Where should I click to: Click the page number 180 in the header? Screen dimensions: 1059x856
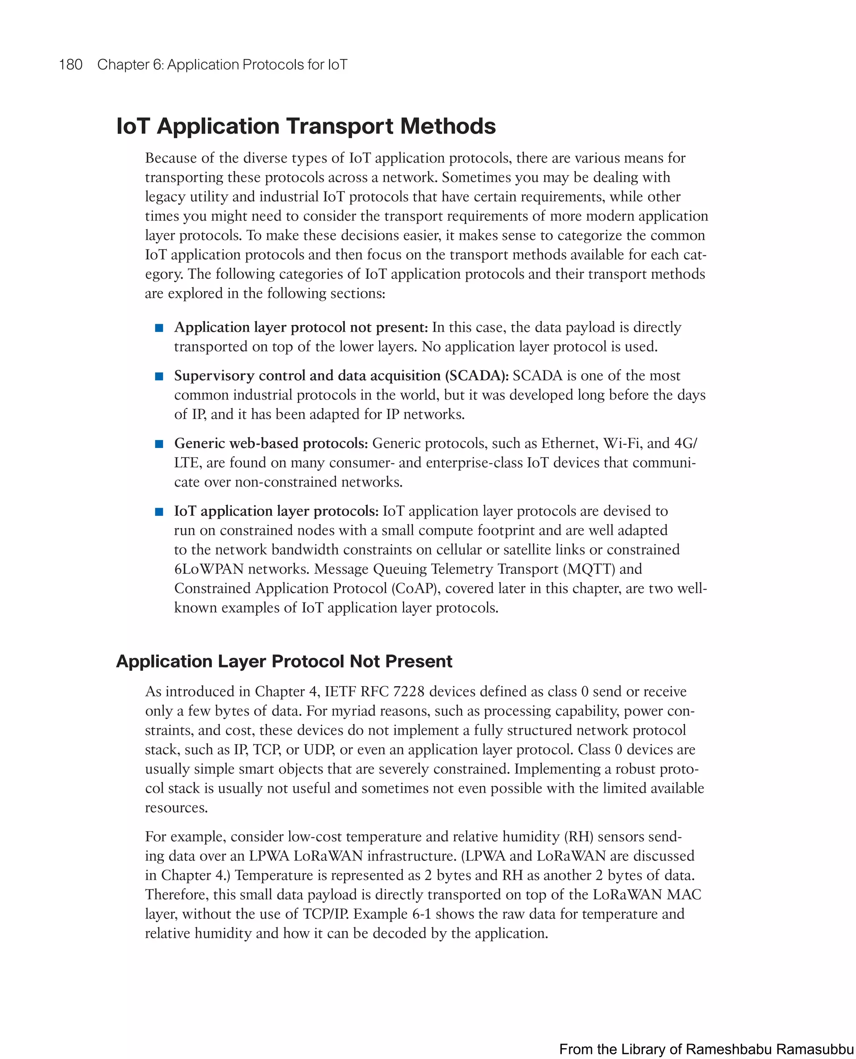[71, 65]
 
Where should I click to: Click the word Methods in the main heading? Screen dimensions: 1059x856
[448, 126]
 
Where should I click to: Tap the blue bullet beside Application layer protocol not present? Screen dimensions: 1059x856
[159, 328]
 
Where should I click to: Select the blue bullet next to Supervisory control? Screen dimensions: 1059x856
[159, 376]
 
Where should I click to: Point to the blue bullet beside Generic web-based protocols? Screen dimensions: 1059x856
[159, 444]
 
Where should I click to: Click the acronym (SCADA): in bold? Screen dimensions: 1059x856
[477, 376]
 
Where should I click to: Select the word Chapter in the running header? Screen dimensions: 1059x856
[123, 65]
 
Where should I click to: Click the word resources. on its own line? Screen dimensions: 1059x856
[176, 807]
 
